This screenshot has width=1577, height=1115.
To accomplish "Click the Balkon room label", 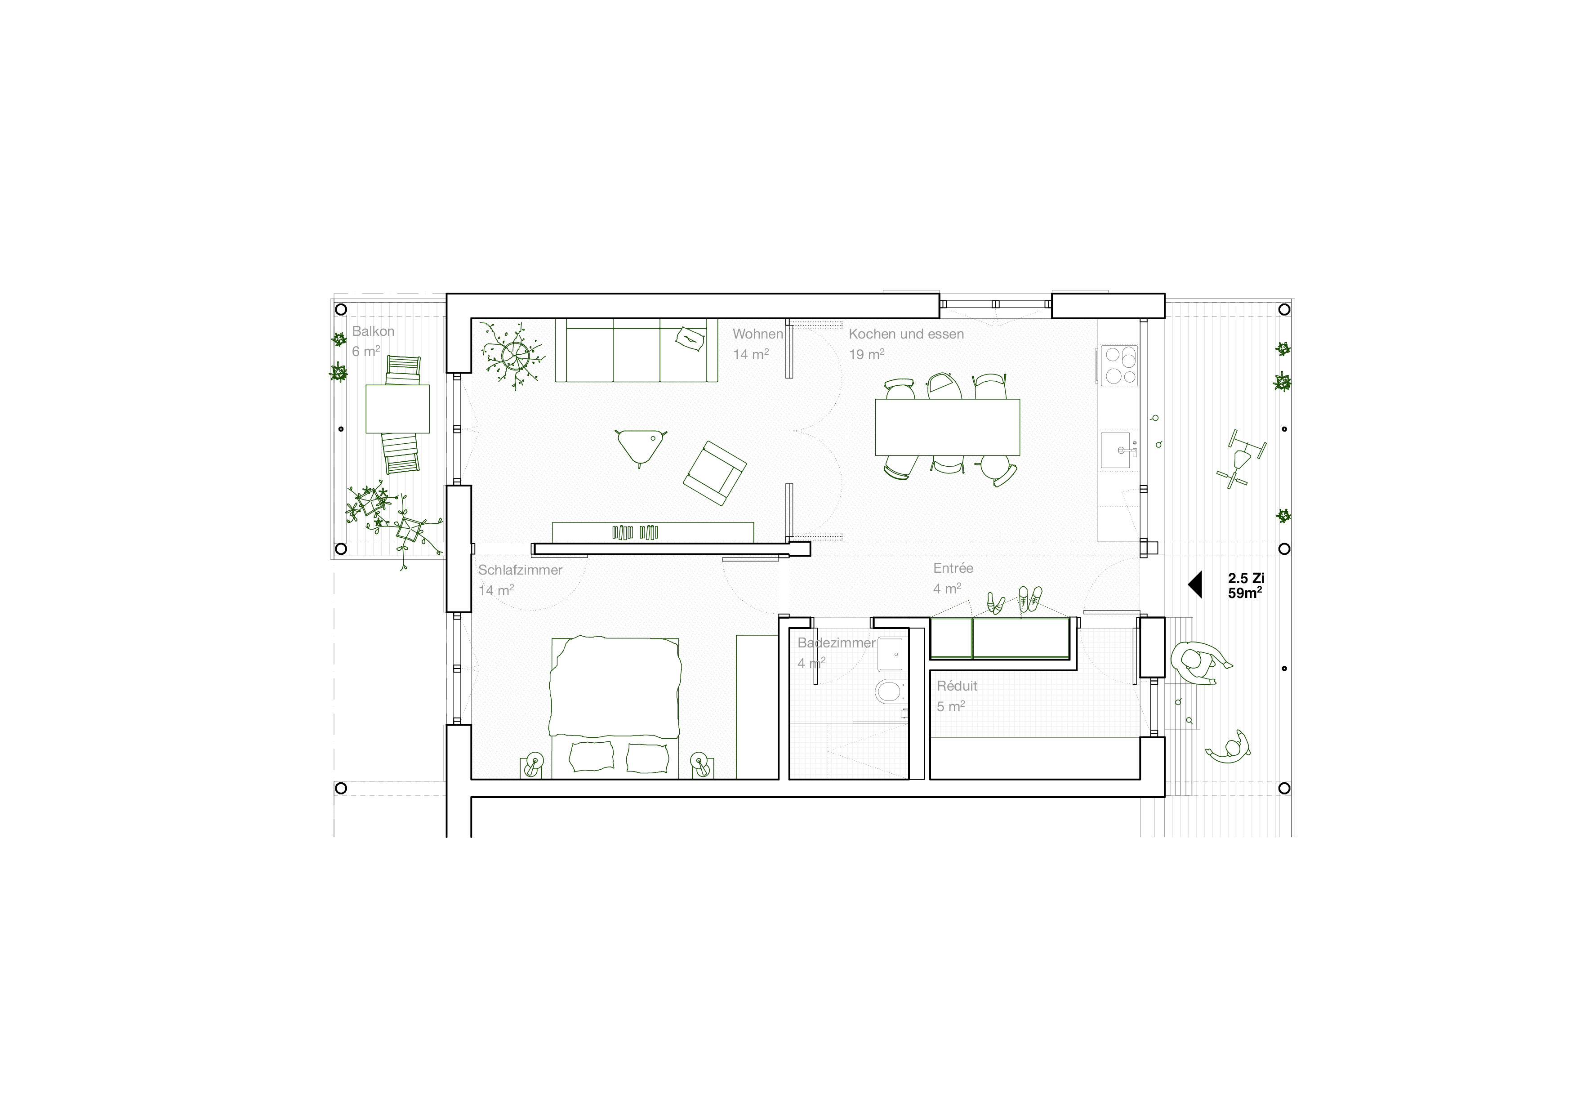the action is coord(373,331).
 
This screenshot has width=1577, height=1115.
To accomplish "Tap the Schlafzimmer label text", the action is coord(520,570).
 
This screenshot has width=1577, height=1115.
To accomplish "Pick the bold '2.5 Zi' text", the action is coord(1246,579).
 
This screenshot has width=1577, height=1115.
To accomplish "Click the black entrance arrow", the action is coord(1195,584).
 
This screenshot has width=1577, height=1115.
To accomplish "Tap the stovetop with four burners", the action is coord(1119,366).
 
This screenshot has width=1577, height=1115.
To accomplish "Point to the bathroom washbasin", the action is coord(892,654).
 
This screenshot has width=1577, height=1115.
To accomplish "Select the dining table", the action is coord(947,427).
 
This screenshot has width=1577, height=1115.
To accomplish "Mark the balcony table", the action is coord(398,409).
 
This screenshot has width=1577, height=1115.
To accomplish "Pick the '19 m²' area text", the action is coord(866,354).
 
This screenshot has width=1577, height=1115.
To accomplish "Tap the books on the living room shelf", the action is coord(635,532).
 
